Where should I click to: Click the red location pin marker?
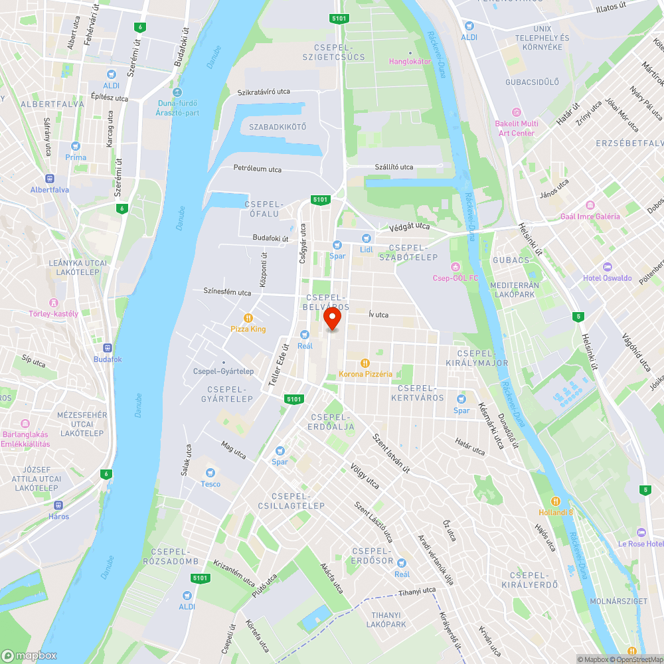pyautogui.click(x=332, y=319)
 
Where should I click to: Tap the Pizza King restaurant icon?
pyautogui.click(x=248, y=318)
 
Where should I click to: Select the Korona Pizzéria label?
pyautogui.click(x=365, y=374)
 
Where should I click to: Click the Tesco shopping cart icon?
pyautogui.click(x=210, y=473)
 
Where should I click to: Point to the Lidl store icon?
pyautogui.click(x=366, y=238)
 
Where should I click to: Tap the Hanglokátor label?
pyautogui.click(x=410, y=61)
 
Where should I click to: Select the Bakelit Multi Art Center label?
pyautogui.click(x=517, y=128)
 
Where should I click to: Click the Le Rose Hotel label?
pyautogui.click(x=641, y=543)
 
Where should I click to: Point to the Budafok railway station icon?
pyautogui.click(x=107, y=348)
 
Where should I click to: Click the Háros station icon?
pyautogui.click(x=58, y=505)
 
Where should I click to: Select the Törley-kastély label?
pyautogui.click(x=54, y=313)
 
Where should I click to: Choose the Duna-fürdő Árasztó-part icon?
pyautogui.click(x=176, y=92)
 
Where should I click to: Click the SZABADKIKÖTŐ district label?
pyautogui.click(x=278, y=127)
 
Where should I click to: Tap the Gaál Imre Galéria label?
pyautogui.click(x=590, y=216)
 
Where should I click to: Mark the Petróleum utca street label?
pyautogui.click(x=258, y=169)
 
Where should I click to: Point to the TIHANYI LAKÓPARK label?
pyautogui.click(x=388, y=620)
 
